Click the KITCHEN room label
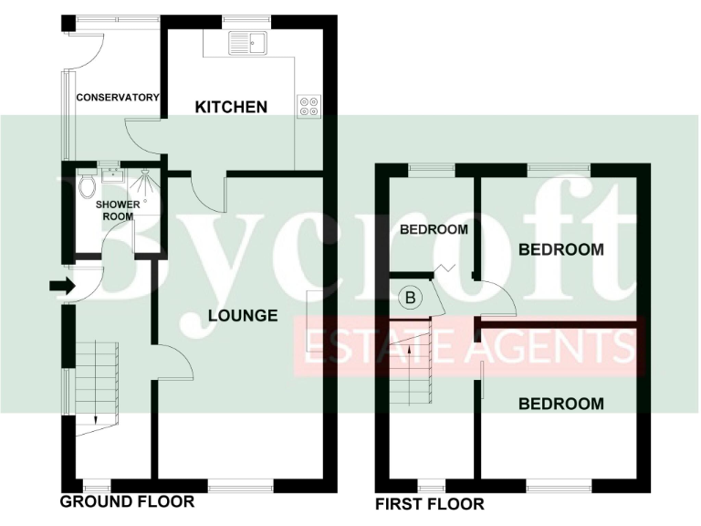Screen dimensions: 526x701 pyautogui.click(x=231, y=107)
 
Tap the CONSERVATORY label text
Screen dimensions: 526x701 pyautogui.click(x=118, y=98)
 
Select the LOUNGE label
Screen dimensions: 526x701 pyautogui.click(x=242, y=315)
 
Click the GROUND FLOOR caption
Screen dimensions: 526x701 pyautogui.click(x=127, y=501)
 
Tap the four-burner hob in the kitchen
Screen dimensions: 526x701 pyautogui.click(x=308, y=107)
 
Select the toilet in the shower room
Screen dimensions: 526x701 pyautogui.click(x=87, y=185)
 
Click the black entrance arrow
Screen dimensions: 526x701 pyautogui.click(x=61, y=286)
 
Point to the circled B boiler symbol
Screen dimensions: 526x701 pyautogui.click(x=410, y=297)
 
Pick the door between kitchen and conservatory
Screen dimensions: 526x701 pyautogui.click(x=144, y=137)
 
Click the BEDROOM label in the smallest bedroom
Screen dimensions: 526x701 pyautogui.click(x=434, y=229)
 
